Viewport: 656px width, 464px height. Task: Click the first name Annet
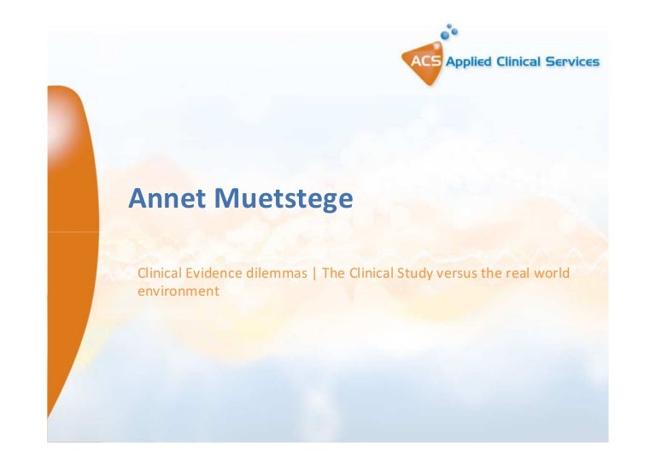[167, 198]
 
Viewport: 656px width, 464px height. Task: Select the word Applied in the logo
[468, 62]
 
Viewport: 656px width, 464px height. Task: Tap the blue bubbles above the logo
[449, 32]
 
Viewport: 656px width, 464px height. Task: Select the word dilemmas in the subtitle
[277, 273]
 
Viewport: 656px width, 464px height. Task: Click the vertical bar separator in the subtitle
[314, 273]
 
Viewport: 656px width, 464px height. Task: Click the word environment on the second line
[179, 291]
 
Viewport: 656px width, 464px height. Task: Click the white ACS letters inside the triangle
[425, 62]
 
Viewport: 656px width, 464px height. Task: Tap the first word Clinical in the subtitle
[160, 273]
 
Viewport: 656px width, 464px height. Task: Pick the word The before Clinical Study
[333, 273]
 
